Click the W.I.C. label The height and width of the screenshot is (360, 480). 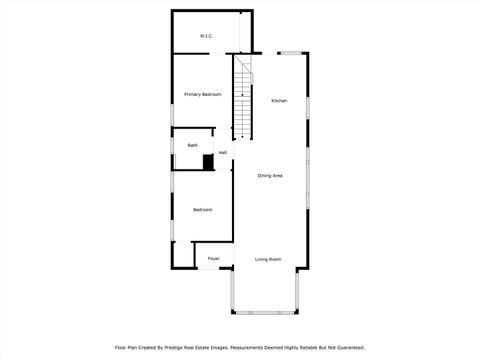[x=206, y=37]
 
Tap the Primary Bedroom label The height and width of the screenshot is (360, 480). [x=203, y=94]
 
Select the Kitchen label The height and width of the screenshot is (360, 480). [x=280, y=101]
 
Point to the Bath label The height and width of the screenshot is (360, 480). [x=192, y=145]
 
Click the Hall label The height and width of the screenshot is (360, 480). [x=222, y=153]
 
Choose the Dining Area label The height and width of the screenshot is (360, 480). [x=270, y=176]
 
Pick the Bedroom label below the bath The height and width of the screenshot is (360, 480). [x=202, y=209]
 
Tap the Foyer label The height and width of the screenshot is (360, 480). [x=213, y=259]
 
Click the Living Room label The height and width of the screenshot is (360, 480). [x=268, y=259]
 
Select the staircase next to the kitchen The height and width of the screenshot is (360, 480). [x=244, y=100]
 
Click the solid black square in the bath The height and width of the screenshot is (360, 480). [x=209, y=161]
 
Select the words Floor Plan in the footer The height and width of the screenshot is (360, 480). [x=126, y=347]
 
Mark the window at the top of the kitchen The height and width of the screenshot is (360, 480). [x=291, y=53]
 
